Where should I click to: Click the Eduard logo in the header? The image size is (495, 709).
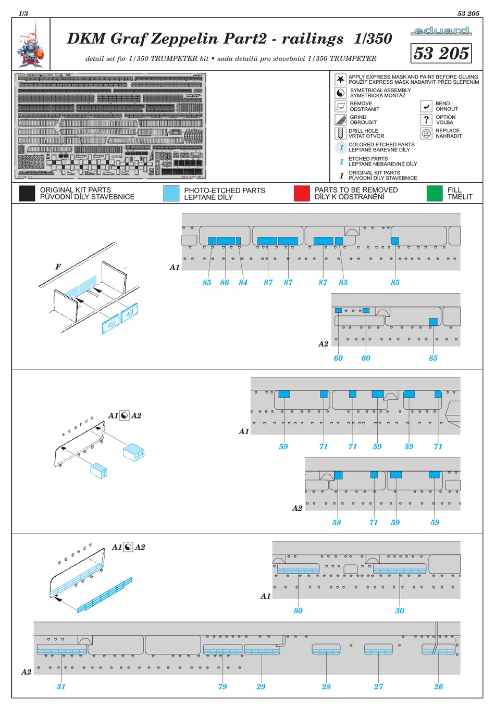441,31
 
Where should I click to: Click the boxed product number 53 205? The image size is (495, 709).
441,53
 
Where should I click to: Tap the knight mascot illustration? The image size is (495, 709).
31,45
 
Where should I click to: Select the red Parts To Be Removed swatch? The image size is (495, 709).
302,194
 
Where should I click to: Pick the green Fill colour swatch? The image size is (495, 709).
434,194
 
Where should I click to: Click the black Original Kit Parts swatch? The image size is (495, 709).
27,194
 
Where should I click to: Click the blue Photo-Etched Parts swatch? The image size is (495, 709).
171,194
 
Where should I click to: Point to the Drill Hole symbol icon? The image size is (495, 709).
340,134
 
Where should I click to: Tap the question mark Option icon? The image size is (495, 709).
426,120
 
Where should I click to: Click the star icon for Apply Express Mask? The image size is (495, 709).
340,79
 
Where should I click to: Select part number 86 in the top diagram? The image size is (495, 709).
225,283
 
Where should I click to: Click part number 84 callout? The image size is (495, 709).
243,283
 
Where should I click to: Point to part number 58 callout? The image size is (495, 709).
337,523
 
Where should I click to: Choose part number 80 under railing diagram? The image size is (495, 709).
298,611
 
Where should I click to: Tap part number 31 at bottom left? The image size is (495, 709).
61,687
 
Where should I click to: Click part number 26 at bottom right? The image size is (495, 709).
439,687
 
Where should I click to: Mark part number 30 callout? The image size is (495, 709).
400,611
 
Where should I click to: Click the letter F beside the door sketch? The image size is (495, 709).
58,267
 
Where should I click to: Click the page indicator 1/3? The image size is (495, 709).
23,14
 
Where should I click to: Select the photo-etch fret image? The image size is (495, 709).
110,126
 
